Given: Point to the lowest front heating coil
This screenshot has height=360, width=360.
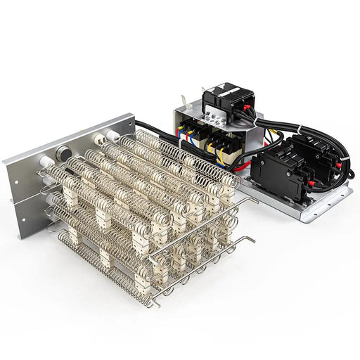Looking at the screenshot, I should pyautogui.click(x=105, y=264).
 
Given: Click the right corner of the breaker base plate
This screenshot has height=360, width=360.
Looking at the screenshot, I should pyautogui.click(x=349, y=190).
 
